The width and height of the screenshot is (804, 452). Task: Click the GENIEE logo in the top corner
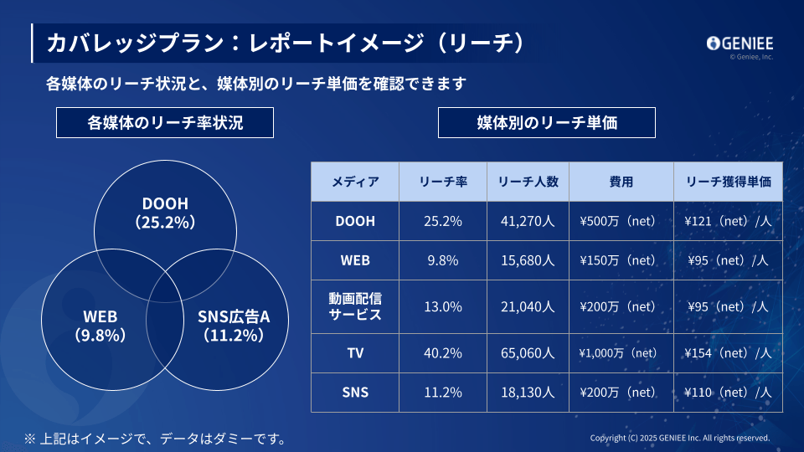740,43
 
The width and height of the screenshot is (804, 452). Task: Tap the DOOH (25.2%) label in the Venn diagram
165,213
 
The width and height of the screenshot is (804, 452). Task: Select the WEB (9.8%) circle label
100,326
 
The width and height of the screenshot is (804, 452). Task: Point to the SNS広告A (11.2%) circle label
234,326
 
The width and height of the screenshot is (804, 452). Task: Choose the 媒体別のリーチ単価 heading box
547,123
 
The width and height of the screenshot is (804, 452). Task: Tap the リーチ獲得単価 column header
728,182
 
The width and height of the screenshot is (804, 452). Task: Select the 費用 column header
621,182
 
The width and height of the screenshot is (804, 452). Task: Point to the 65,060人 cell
528,353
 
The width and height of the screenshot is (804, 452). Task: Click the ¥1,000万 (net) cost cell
621,353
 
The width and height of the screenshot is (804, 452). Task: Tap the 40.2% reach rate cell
444,353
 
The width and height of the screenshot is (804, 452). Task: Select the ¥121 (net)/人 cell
728,222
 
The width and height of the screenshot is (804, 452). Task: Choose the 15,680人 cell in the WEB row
528,260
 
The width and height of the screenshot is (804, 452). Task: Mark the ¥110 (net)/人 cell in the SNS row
728,392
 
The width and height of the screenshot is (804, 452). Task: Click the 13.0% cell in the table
444,306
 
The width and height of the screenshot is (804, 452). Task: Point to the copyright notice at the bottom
679,438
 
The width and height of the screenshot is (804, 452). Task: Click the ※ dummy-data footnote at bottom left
155,438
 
